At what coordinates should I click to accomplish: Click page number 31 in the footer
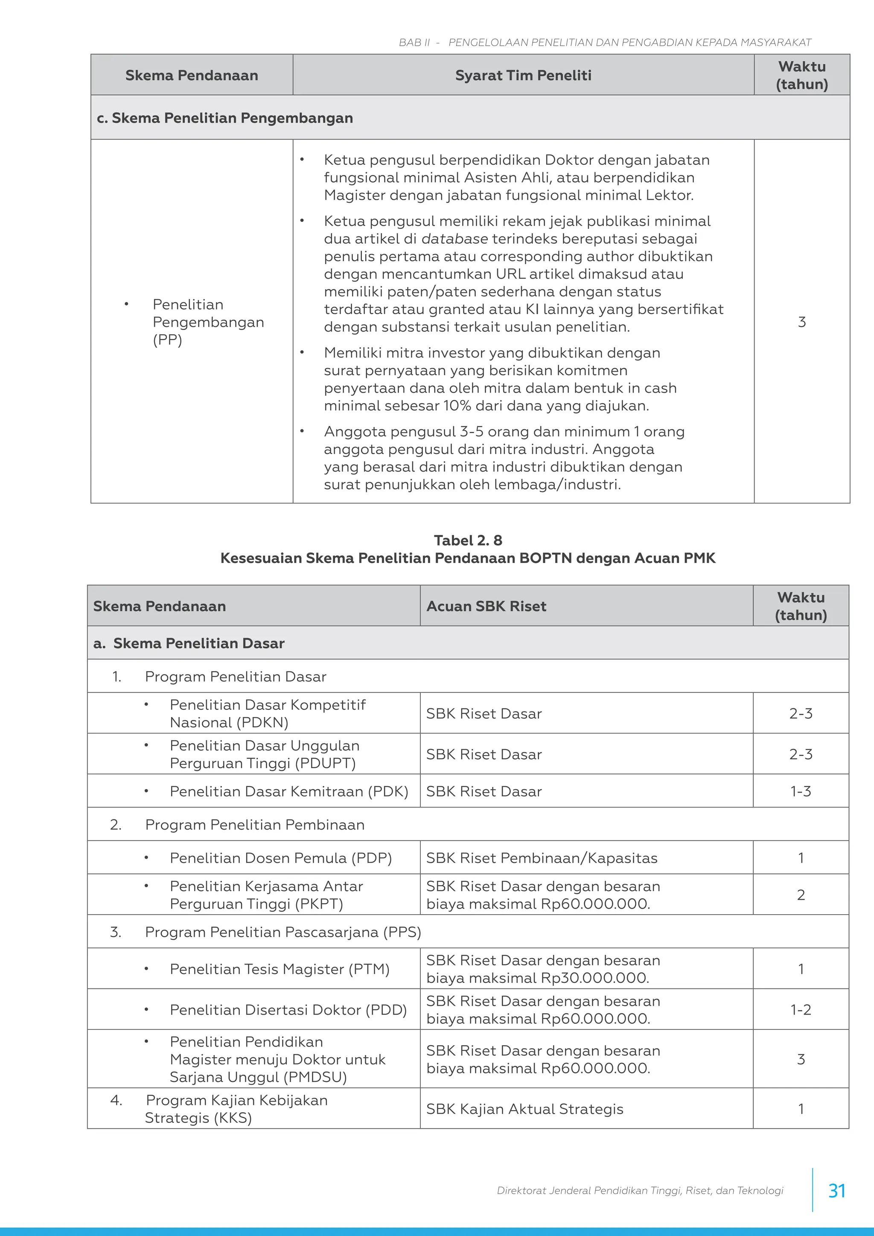pyautogui.click(x=836, y=1190)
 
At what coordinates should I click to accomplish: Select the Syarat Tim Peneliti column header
pyautogui.click(x=523, y=76)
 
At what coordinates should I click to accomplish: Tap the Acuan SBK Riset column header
pyautogui.click(x=486, y=606)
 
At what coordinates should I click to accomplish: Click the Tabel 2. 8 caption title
pyautogui.click(x=468, y=540)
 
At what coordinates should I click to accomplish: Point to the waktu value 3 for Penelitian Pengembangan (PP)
pyautogui.click(x=801, y=322)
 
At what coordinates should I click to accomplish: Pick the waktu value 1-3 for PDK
pyautogui.click(x=800, y=791)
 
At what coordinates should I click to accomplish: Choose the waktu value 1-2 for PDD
pyautogui.click(x=800, y=1010)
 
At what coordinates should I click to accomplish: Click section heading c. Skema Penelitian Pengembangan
pyautogui.click(x=225, y=118)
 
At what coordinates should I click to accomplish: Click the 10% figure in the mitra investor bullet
pyautogui.click(x=457, y=406)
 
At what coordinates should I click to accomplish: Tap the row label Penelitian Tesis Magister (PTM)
pyautogui.click(x=280, y=969)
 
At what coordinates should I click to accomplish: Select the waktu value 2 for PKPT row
pyautogui.click(x=800, y=895)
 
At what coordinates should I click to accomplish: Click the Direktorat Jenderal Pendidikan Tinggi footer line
pyautogui.click(x=639, y=1190)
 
